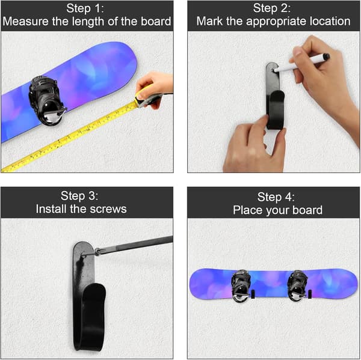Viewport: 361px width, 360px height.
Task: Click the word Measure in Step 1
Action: click(26, 22)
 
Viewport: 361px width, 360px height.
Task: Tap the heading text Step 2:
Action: click(272, 8)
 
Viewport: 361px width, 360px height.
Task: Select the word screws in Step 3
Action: click(108, 209)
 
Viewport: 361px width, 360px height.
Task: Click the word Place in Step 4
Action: click(248, 210)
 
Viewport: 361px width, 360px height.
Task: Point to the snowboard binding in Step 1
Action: click(47, 100)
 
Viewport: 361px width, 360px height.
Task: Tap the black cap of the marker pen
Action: click(326, 56)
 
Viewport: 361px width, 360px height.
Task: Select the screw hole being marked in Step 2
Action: click(273, 70)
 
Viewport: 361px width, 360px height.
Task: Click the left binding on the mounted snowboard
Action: click(241, 285)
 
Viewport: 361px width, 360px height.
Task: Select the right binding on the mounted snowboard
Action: click(298, 285)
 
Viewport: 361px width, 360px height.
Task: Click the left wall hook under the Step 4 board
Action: click(253, 294)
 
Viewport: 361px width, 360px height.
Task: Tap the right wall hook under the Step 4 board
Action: click(310, 294)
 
